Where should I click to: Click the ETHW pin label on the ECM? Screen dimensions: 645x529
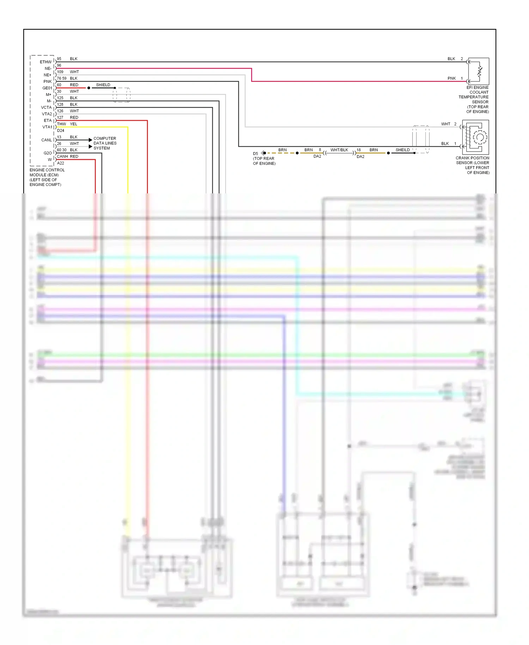pyautogui.click(x=45, y=62)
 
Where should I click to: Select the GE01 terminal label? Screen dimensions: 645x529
pyautogui.click(x=47, y=88)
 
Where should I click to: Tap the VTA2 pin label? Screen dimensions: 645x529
pyautogui.click(x=47, y=114)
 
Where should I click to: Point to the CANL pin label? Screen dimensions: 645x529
pyautogui.click(x=47, y=140)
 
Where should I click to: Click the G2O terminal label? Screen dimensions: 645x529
pyautogui.click(x=48, y=153)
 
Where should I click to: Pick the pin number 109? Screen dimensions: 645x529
pyautogui.click(x=60, y=72)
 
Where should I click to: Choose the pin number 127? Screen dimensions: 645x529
pyautogui.click(x=60, y=117)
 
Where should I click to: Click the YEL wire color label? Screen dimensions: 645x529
pyautogui.click(x=73, y=124)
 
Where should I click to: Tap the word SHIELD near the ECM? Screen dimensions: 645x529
pyautogui.click(x=103, y=85)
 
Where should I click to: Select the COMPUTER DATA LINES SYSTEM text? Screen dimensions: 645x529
pyautogui.click(x=105, y=143)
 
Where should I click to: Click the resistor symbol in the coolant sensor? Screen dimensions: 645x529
pyautogui.click(x=479, y=71)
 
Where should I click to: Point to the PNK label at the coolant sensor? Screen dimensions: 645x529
pyautogui.click(x=451, y=78)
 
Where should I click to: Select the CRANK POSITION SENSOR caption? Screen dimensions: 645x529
pyautogui.click(x=473, y=165)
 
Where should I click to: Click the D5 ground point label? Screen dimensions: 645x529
pyautogui.click(x=255, y=154)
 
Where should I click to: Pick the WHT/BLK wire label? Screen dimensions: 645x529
pyautogui.click(x=339, y=150)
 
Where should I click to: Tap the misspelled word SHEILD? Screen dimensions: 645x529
pyautogui.click(x=402, y=150)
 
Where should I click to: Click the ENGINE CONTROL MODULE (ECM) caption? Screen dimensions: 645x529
pyautogui.click(x=47, y=177)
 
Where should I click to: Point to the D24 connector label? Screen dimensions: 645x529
pyautogui.click(x=61, y=131)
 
